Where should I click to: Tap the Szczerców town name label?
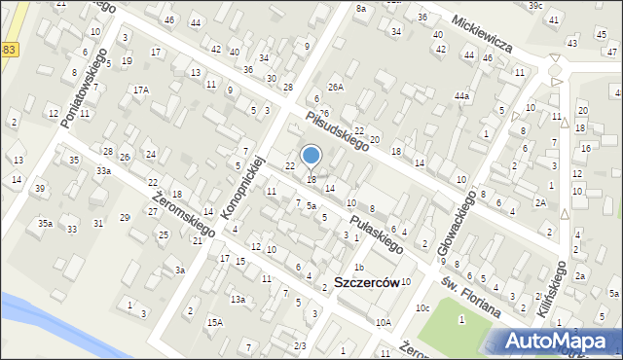click(367, 282)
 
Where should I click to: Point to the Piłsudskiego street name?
click(336, 130)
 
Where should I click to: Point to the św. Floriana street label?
click(469, 295)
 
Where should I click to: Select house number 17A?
click(141, 90)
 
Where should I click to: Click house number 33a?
click(103, 171)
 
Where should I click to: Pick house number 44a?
click(461, 96)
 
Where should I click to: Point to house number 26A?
click(336, 87)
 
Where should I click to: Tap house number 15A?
click(214, 321)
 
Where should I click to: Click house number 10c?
click(422, 308)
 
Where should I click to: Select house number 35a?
click(45, 223)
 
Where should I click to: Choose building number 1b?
click(358, 267)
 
